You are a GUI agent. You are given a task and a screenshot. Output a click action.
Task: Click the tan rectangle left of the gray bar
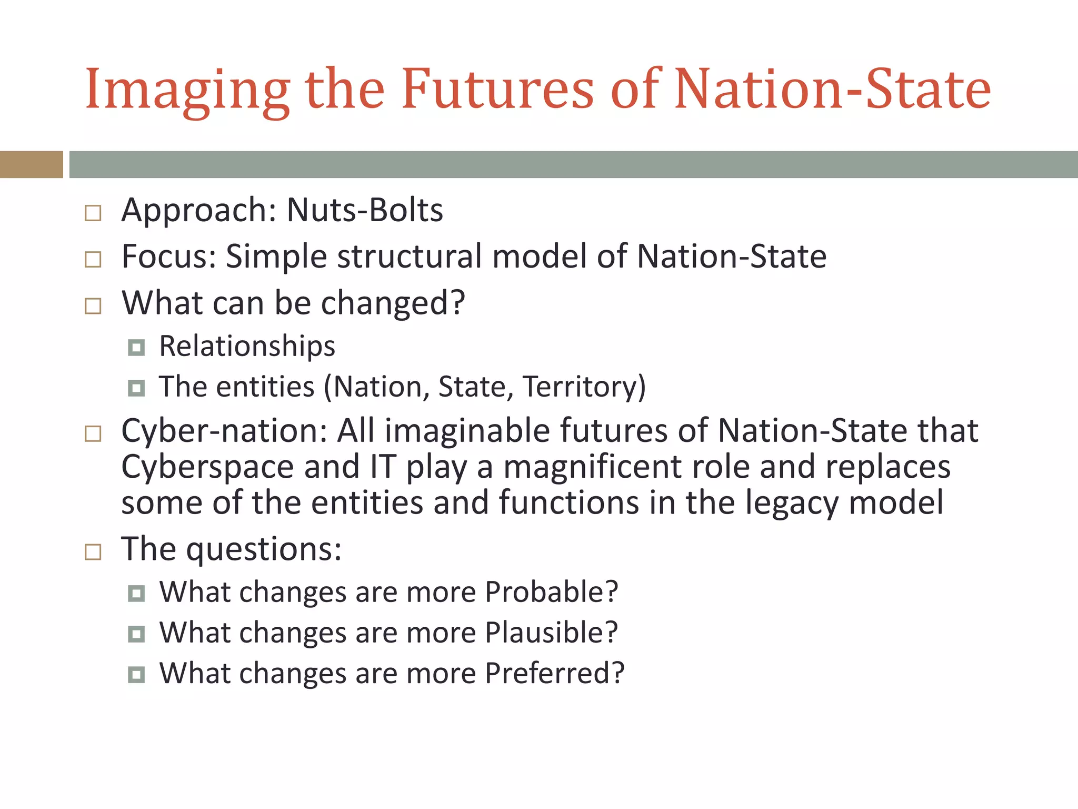31,164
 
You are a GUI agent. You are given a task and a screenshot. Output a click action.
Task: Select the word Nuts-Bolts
365,210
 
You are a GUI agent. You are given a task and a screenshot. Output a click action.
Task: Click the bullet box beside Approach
93,213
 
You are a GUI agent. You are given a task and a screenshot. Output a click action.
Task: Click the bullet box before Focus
93,260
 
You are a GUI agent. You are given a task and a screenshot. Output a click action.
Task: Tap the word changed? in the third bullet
393,303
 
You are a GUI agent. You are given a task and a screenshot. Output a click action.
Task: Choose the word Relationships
247,346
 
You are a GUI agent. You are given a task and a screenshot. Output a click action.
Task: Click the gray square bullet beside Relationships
136,348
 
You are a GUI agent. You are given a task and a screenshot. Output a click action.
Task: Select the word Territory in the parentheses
580,387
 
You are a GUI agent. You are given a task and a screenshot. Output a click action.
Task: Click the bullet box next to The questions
93,552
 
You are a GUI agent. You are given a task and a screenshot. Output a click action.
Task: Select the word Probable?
551,592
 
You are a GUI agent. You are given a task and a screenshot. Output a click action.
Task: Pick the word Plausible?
551,633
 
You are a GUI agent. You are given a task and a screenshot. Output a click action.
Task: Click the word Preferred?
554,673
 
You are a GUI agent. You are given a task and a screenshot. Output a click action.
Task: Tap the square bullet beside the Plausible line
136,634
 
